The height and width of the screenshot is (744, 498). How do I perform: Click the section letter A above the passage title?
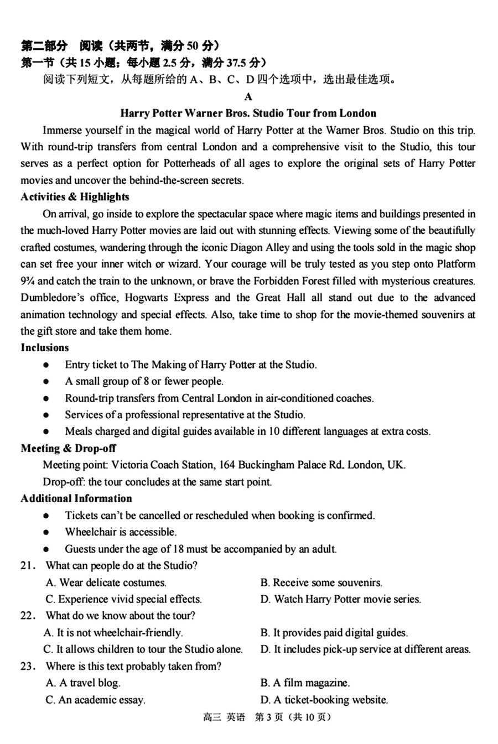(x=248, y=97)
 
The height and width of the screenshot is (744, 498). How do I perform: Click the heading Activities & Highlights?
(x=75, y=197)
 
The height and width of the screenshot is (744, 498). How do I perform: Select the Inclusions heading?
(x=45, y=347)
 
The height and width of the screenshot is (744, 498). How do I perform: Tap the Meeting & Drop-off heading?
(x=68, y=448)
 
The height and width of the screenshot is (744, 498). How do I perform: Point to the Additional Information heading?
(x=76, y=498)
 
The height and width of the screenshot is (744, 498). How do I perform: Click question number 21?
(x=28, y=565)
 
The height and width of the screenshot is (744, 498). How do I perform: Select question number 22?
(x=28, y=616)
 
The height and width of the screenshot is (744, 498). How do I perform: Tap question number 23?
(x=28, y=666)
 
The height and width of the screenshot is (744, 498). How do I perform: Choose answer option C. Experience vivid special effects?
(x=123, y=599)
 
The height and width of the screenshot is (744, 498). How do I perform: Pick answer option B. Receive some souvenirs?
(x=321, y=582)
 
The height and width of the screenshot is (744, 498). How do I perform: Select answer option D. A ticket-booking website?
(x=324, y=700)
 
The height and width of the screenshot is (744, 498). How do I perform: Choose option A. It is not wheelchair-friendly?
(x=113, y=632)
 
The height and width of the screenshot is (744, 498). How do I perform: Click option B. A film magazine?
(x=305, y=683)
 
